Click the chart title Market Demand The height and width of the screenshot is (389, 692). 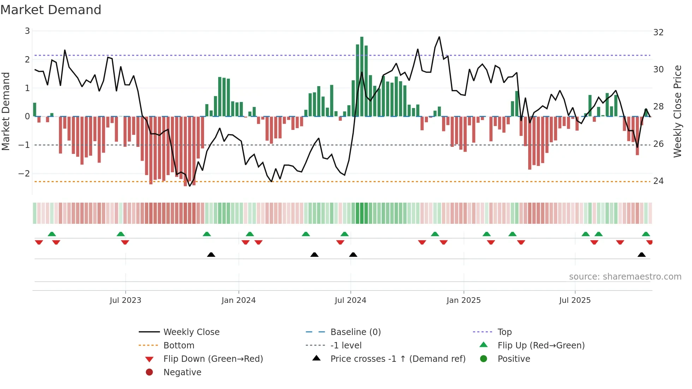51,10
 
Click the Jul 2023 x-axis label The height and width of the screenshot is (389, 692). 125,300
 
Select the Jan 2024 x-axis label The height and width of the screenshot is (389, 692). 238,300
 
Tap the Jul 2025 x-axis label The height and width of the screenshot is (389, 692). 575,300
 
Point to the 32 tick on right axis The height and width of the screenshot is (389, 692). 658,32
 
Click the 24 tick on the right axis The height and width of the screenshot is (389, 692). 658,181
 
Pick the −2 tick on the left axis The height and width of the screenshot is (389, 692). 24,173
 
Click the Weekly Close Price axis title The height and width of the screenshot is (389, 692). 677,111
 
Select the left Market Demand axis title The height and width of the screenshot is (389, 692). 6,111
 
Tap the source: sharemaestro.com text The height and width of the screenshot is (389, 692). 625,277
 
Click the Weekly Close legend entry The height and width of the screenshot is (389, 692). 191,332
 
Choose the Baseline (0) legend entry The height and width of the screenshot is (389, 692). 356,332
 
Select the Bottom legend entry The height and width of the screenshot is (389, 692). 179,346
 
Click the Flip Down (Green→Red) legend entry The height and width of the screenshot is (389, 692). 213,359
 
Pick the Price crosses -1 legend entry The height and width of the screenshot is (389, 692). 398,359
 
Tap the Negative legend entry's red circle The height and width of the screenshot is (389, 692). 149,372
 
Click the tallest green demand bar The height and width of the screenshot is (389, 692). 362,76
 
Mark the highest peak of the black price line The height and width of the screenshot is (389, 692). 439,37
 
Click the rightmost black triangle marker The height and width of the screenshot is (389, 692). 642,255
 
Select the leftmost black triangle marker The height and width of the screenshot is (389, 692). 211,255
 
